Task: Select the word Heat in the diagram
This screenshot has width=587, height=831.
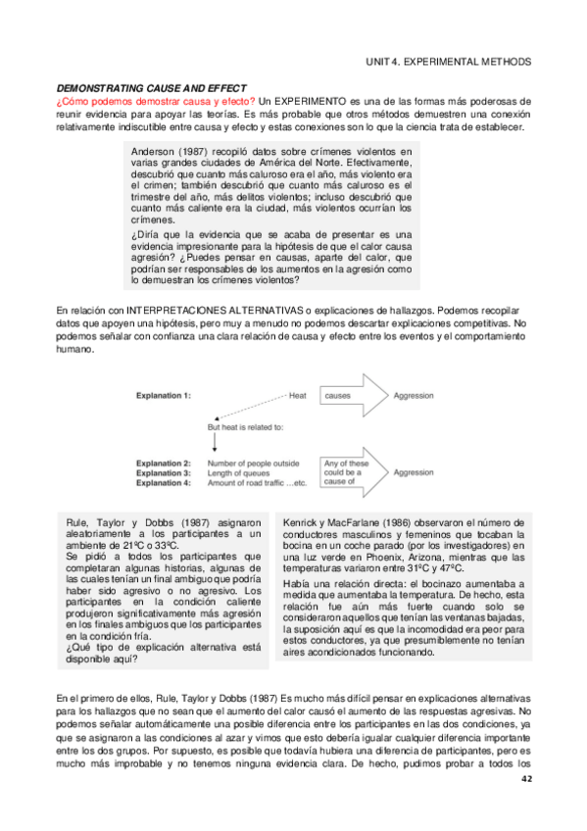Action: pyautogui.click(x=299, y=396)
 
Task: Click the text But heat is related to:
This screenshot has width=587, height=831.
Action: pyautogui.click(x=245, y=427)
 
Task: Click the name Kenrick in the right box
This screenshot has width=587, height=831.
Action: pyautogui.click(x=302, y=523)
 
